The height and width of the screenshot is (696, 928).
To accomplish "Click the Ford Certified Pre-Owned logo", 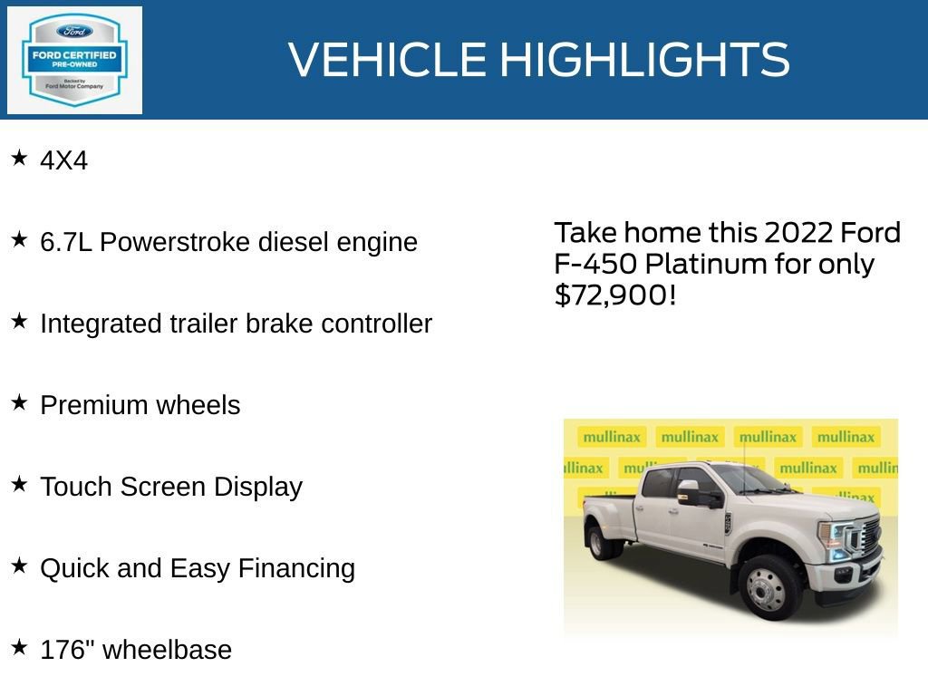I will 74,61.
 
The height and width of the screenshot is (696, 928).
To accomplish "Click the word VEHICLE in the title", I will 388,60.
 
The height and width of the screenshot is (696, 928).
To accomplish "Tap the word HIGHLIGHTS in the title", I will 644,60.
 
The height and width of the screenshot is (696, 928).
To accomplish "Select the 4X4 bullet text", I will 64,161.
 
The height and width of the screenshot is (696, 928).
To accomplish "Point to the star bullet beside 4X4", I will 19,159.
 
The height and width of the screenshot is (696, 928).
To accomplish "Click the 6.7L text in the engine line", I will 66,243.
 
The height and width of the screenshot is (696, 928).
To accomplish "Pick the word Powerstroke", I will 176,243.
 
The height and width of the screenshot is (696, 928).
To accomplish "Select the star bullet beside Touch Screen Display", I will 19,485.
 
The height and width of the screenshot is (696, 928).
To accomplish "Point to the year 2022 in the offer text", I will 797,233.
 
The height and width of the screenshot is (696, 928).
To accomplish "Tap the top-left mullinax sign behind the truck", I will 612,437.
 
